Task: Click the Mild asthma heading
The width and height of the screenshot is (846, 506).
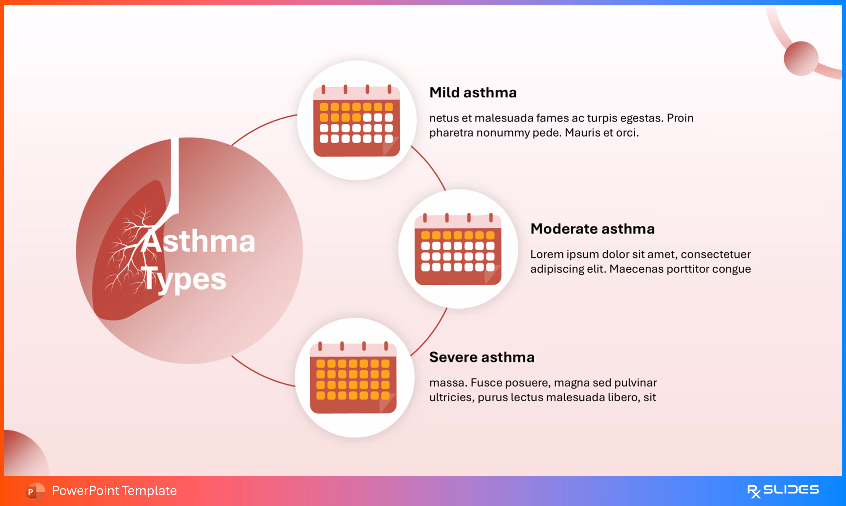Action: point(473,93)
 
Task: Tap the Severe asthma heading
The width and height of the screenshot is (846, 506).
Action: point(482,357)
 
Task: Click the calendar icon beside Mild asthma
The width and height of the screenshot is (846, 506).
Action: point(356,121)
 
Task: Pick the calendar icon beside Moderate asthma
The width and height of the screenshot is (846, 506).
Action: point(458,249)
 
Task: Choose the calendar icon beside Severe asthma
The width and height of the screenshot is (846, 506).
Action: point(353,378)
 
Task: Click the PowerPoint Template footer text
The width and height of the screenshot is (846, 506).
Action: point(114,491)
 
